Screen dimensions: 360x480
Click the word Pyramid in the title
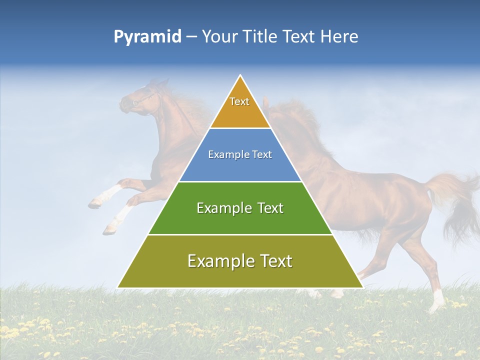pos(147,37)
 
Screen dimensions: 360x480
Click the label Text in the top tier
pos(239,101)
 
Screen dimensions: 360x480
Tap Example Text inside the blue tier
pos(240,154)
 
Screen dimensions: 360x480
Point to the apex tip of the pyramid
pos(240,76)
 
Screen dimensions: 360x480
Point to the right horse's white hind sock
pos(438,298)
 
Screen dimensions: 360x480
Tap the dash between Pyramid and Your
pos(191,37)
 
